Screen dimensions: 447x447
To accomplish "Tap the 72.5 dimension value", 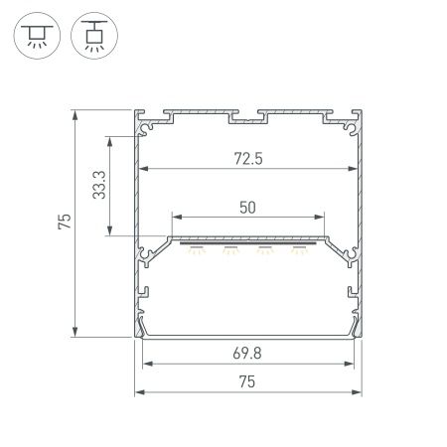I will pyautogui.click(x=248, y=157).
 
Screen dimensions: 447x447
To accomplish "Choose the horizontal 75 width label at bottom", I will pyautogui.click(x=248, y=382).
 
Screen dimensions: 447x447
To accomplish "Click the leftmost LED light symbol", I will pyautogui.click(x=196, y=251).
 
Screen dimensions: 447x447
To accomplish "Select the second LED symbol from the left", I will pyautogui.click(x=230, y=251).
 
